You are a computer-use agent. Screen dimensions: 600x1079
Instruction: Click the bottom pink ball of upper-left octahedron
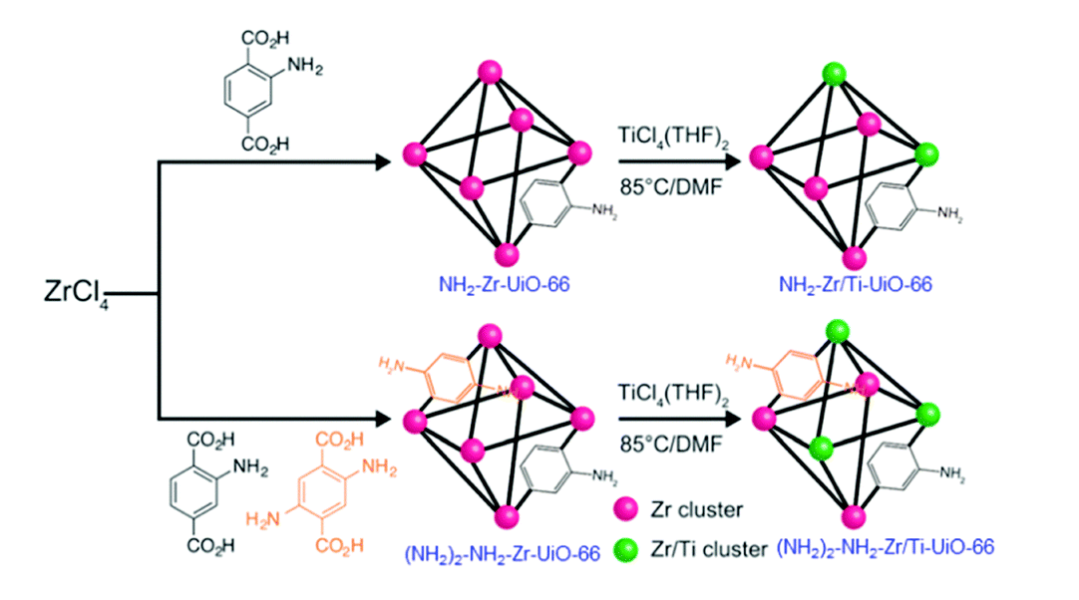pos(508,249)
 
